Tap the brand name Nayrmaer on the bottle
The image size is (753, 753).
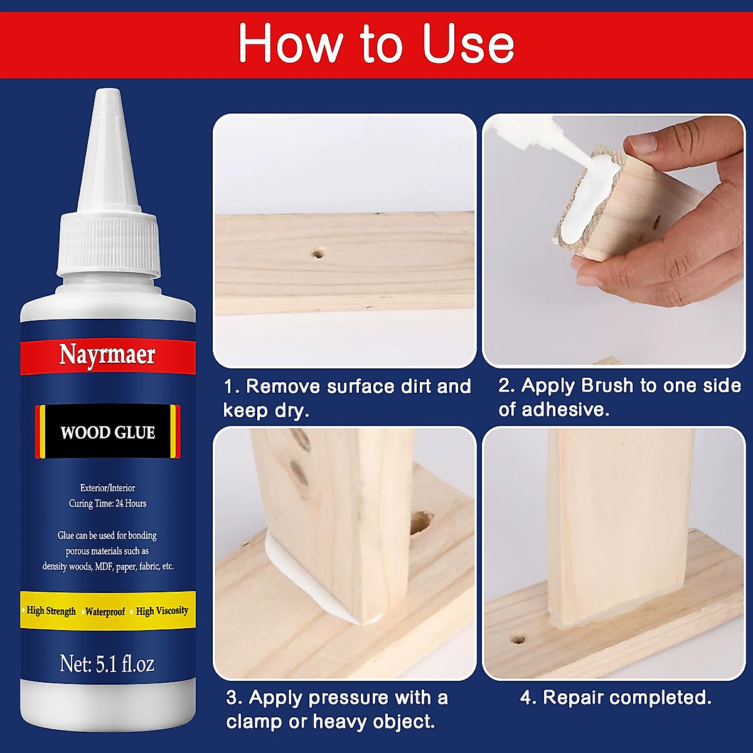click(107, 355)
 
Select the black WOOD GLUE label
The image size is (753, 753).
click(107, 432)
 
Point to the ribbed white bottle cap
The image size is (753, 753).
click(107, 245)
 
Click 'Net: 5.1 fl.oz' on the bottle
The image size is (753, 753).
click(107, 663)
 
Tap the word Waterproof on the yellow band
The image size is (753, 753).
click(105, 611)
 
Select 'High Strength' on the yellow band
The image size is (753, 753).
click(51, 611)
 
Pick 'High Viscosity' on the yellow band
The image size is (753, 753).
click(162, 611)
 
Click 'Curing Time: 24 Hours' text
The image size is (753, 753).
click(107, 503)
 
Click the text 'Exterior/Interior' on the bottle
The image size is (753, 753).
click(107, 488)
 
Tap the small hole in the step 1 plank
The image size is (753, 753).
click(318, 254)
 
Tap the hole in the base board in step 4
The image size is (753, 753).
click(518, 641)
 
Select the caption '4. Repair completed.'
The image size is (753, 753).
click(616, 697)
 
